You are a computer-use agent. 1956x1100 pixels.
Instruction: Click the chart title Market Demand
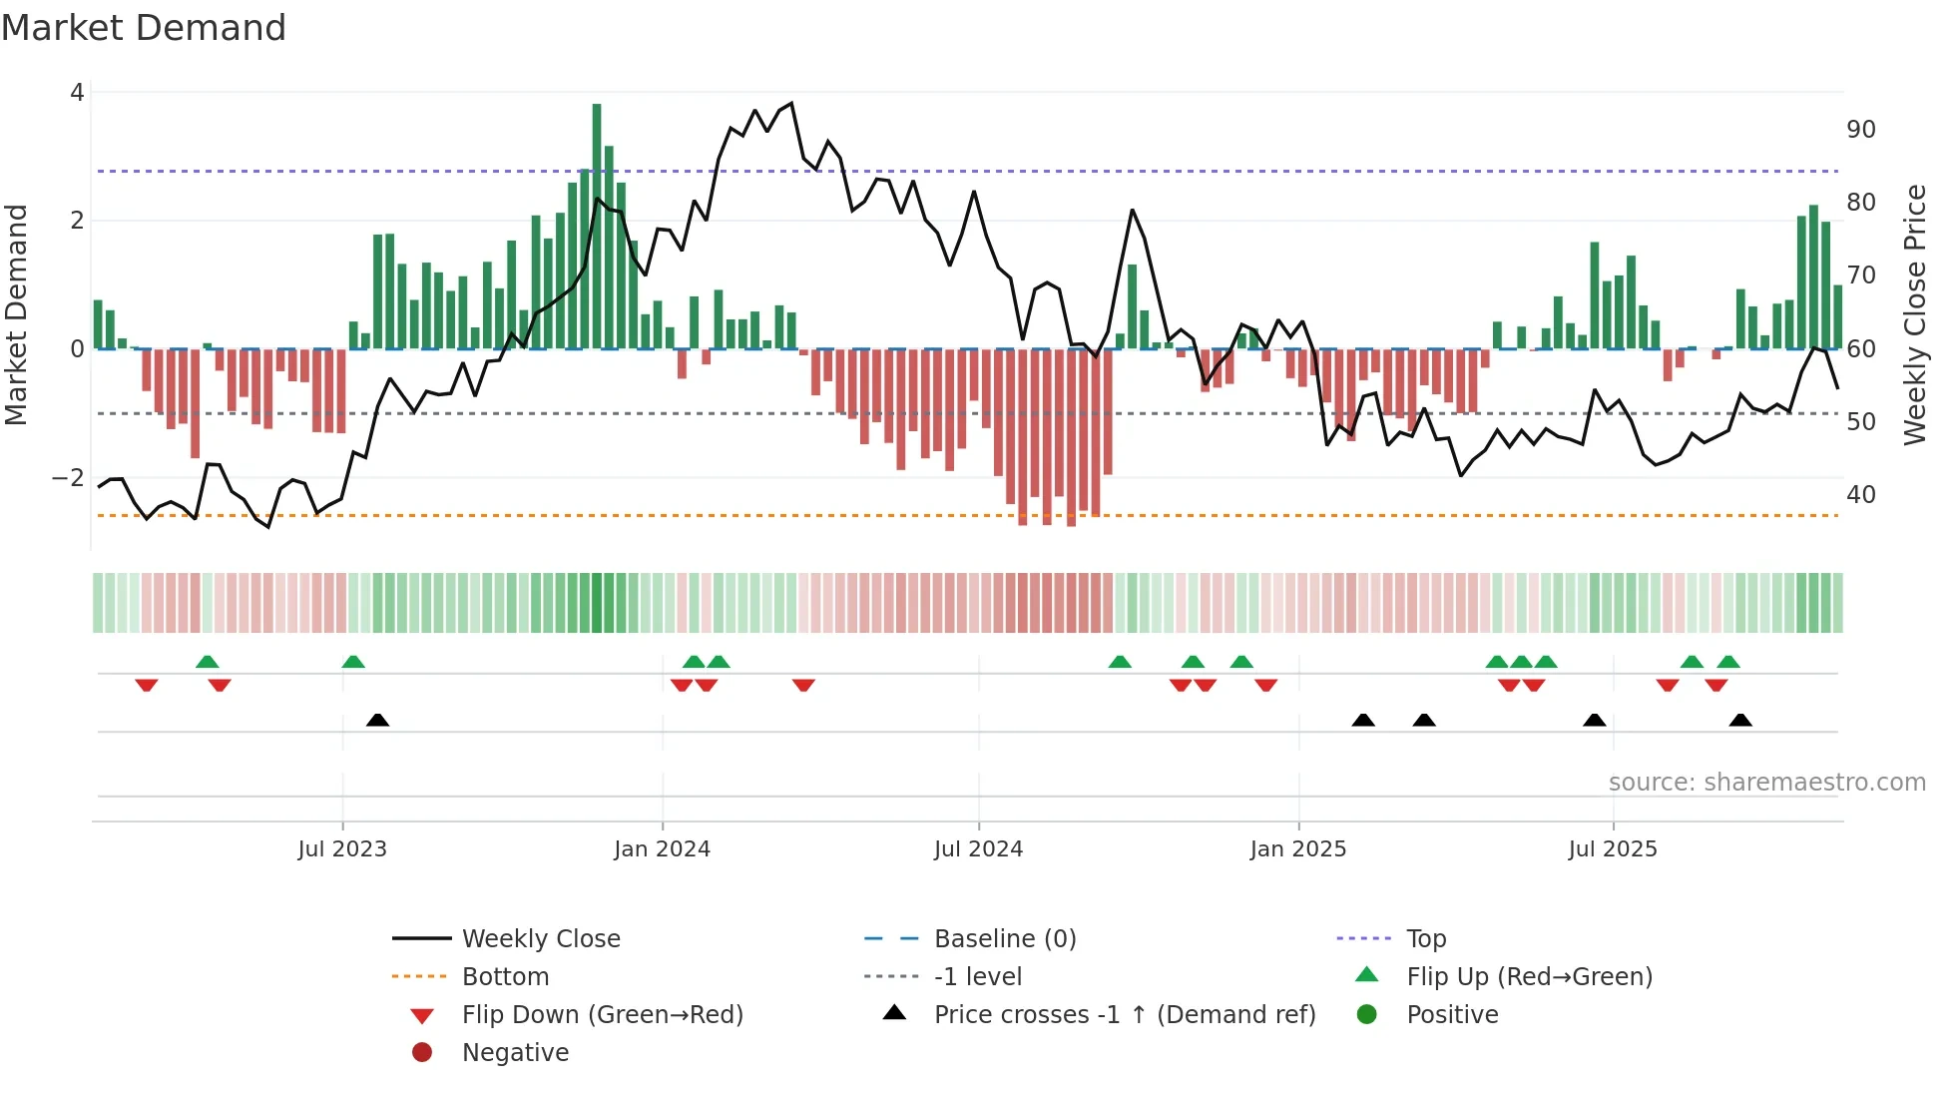click(144, 28)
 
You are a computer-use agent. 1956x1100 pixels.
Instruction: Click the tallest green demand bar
click(597, 227)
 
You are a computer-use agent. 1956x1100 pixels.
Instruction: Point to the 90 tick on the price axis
click(1860, 130)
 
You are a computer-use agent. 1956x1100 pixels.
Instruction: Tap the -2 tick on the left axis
click(69, 478)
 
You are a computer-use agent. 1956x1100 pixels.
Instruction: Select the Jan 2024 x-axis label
click(662, 849)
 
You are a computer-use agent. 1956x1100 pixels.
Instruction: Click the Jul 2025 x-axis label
click(1612, 849)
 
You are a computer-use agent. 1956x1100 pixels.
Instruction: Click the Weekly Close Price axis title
click(1914, 314)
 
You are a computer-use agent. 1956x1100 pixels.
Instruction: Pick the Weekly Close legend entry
click(540, 939)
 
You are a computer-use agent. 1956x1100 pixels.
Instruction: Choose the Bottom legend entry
click(505, 977)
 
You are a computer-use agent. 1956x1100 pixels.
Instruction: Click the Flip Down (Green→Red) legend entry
click(602, 1015)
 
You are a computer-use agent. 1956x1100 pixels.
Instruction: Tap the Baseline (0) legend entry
click(1004, 939)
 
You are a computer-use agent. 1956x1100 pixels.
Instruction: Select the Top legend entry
click(1426, 939)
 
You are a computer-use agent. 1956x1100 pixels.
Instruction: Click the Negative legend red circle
click(422, 1053)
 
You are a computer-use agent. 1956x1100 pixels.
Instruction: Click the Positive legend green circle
click(1367, 1015)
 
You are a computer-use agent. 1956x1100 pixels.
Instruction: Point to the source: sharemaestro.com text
click(1766, 783)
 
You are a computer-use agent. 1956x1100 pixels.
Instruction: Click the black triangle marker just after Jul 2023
click(377, 720)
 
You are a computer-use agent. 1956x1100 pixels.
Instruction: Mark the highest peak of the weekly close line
click(791, 103)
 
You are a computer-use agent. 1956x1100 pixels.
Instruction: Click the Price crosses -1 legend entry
click(1124, 1015)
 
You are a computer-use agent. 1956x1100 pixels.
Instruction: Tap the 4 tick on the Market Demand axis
click(77, 93)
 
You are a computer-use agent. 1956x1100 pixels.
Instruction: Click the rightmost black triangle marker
click(1740, 720)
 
